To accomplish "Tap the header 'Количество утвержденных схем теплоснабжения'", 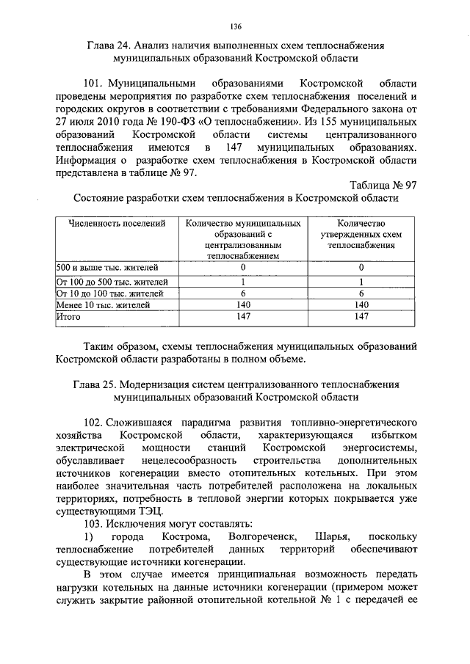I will (361, 233).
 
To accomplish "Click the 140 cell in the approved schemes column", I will (361, 304).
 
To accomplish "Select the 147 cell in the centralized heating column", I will (242, 316).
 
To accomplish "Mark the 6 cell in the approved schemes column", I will (361, 292).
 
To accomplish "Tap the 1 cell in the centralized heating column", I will (242, 281).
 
